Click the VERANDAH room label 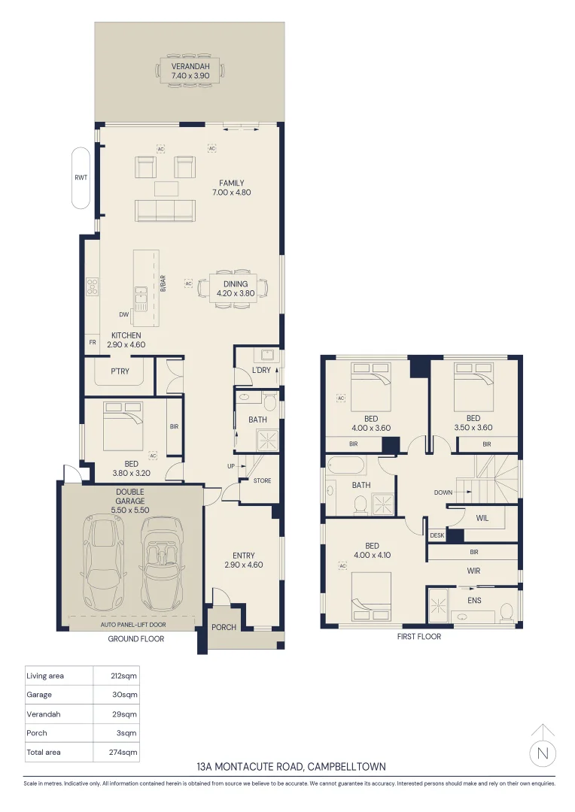pyautogui.click(x=190, y=66)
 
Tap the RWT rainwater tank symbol pyautogui.click(x=81, y=177)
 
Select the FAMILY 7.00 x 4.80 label pyautogui.click(x=231, y=187)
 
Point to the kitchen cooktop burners pyautogui.click(x=93, y=286)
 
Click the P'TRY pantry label pyautogui.click(x=120, y=371)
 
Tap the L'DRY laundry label pyautogui.click(x=261, y=370)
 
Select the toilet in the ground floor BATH pyautogui.click(x=269, y=401)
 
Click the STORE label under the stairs pyautogui.click(x=263, y=480)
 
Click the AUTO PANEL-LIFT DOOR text pyautogui.click(x=133, y=625)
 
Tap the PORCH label pyautogui.click(x=224, y=627)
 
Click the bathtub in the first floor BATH pyautogui.click(x=346, y=466)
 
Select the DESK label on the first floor pyautogui.click(x=437, y=535)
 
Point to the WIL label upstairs pyautogui.click(x=482, y=518)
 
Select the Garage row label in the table pyautogui.click(x=39, y=695)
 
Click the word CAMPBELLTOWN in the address pyautogui.click(x=346, y=766)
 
